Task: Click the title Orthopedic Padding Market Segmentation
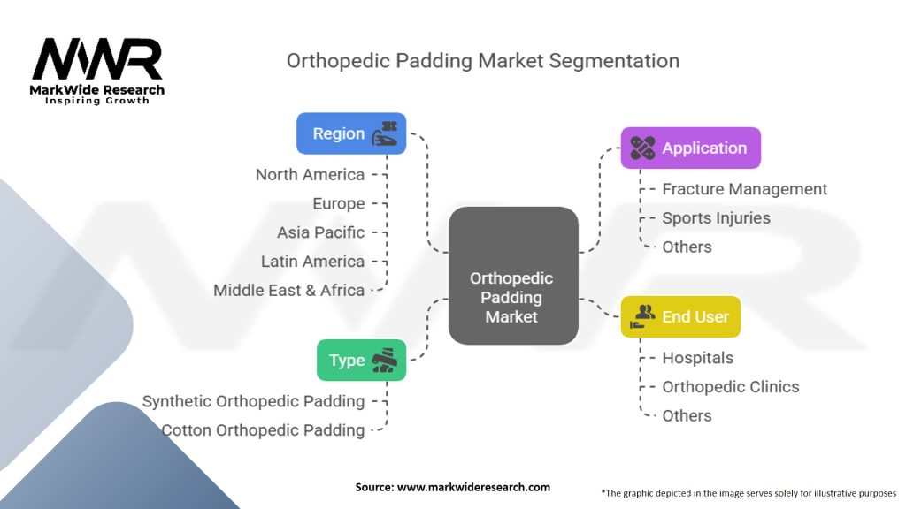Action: [x=483, y=61]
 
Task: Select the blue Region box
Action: [x=350, y=133]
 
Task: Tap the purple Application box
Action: [x=690, y=148]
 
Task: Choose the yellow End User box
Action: [x=680, y=316]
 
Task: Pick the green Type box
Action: [x=361, y=360]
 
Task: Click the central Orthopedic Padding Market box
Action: [x=512, y=297]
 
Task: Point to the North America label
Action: [x=310, y=174]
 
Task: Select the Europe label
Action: [x=338, y=203]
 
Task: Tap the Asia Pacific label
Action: [x=320, y=232]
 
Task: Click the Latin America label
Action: [x=312, y=262]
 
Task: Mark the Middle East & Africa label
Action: [x=288, y=290]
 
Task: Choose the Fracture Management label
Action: [x=745, y=189]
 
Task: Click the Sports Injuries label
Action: [x=716, y=217]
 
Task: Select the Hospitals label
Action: [x=697, y=358]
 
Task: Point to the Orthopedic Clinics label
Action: [x=730, y=387]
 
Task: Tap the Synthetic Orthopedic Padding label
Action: [x=253, y=401]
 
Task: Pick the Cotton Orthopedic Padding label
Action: [x=263, y=430]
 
